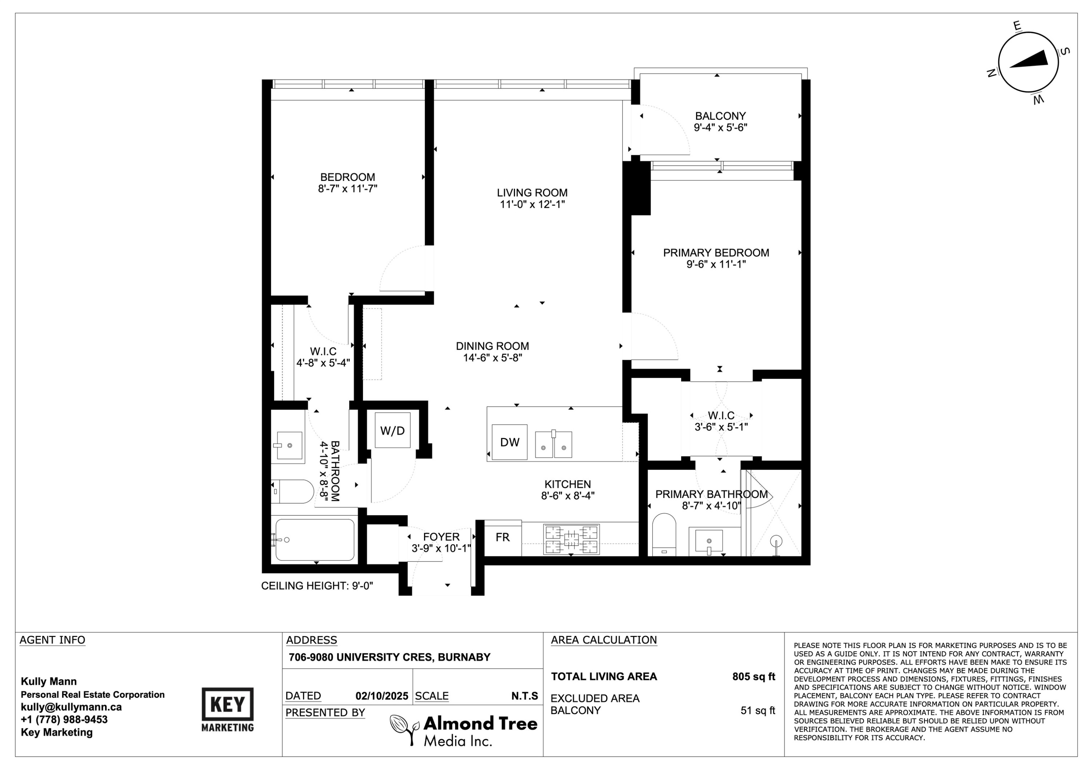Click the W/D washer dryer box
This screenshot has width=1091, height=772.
click(x=392, y=431)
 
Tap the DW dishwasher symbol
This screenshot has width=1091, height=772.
click(x=509, y=442)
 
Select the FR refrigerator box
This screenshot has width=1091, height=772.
click(x=502, y=538)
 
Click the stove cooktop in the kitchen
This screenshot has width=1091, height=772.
click(x=571, y=539)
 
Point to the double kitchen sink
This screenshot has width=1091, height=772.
click(x=553, y=445)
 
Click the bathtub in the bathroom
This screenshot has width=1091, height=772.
click(x=315, y=540)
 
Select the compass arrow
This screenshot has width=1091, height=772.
click(x=1029, y=60)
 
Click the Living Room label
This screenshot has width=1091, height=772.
click(x=532, y=193)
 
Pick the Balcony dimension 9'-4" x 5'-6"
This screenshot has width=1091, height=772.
click(x=720, y=127)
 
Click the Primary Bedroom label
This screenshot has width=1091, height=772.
click(x=716, y=253)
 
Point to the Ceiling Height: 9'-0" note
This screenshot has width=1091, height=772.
click(x=317, y=586)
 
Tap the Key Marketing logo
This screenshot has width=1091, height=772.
click(x=228, y=709)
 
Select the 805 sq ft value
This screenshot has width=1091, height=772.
click(x=753, y=676)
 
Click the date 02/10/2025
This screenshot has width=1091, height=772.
click(x=381, y=696)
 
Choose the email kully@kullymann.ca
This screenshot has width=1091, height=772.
click(x=71, y=707)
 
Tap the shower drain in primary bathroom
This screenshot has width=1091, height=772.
click(x=776, y=542)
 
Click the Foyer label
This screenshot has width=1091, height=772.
click(x=441, y=537)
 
